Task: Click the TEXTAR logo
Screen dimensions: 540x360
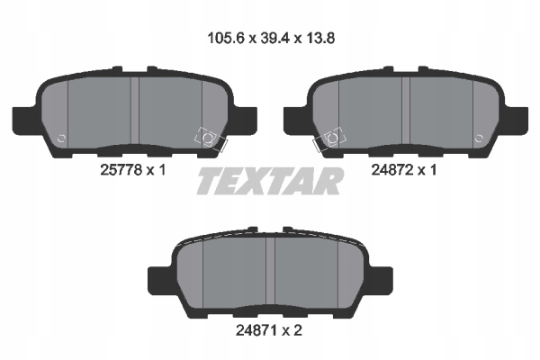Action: (270, 181)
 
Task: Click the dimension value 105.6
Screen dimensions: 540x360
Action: (226, 38)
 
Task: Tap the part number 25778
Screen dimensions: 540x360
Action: (121, 170)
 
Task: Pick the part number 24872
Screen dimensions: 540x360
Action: (391, 170)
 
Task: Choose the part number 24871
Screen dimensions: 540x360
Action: (256, 331)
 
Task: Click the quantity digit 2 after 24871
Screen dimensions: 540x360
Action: (298, 331)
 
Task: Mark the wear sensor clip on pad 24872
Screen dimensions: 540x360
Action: (329, 139)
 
